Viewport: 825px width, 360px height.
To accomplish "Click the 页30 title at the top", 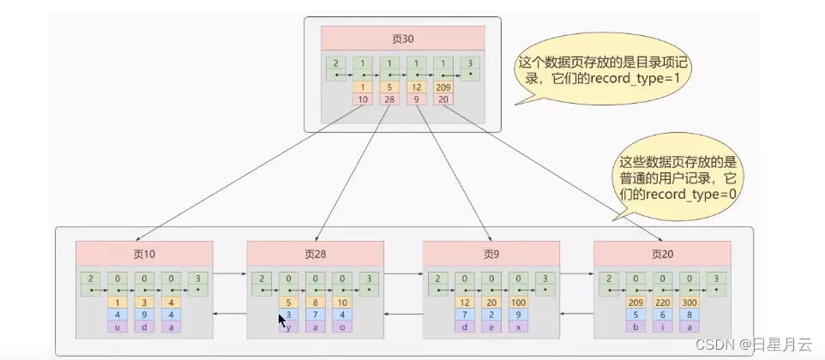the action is pyautogui.click(x=402, y=39).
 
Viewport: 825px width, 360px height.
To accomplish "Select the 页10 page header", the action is pyautogui.click(x=144, y=254).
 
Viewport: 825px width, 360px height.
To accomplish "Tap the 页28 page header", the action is pyautogui.click(x=315, y=254).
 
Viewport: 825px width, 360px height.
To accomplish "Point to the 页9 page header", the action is pyautogui.click(x=491, y=254).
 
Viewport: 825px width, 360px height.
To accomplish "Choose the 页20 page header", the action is pyautogui.click(x=662, y=254).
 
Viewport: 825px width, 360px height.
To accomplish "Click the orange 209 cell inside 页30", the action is pyautogui.click(x=443, y=87).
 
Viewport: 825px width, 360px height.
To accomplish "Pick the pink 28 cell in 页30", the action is pyautogui.click(x=389, y=99).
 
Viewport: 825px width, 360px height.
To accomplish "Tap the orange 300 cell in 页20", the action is pyautogui.click(x=690, y=303).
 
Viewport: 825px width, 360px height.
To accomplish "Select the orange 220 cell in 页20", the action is pyautogui.click(x=662, y=303).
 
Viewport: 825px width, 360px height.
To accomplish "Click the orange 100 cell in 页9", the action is pyautogui.click(x=518, y=303).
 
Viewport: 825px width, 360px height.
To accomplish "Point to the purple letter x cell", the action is pyautogui.click(x=518, y=327).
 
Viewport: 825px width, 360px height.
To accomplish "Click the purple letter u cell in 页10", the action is pyautogui.click(x=117, y=327).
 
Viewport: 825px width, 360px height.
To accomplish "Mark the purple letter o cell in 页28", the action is pyautogui.click(x=342, y=327).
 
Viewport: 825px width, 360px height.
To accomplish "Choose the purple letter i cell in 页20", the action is pyautogui.click(x=662, y=327).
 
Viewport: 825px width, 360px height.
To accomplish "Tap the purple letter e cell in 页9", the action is pyautogui.click(x=491, y=327).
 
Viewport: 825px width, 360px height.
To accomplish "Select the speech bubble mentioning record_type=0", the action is pyautogui.click(x=675, y=177).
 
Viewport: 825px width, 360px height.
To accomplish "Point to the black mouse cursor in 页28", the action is pyautogui.click(x=282, y=321).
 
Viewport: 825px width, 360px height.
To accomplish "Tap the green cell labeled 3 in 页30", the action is pyautogui.click(x=469, y=69).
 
